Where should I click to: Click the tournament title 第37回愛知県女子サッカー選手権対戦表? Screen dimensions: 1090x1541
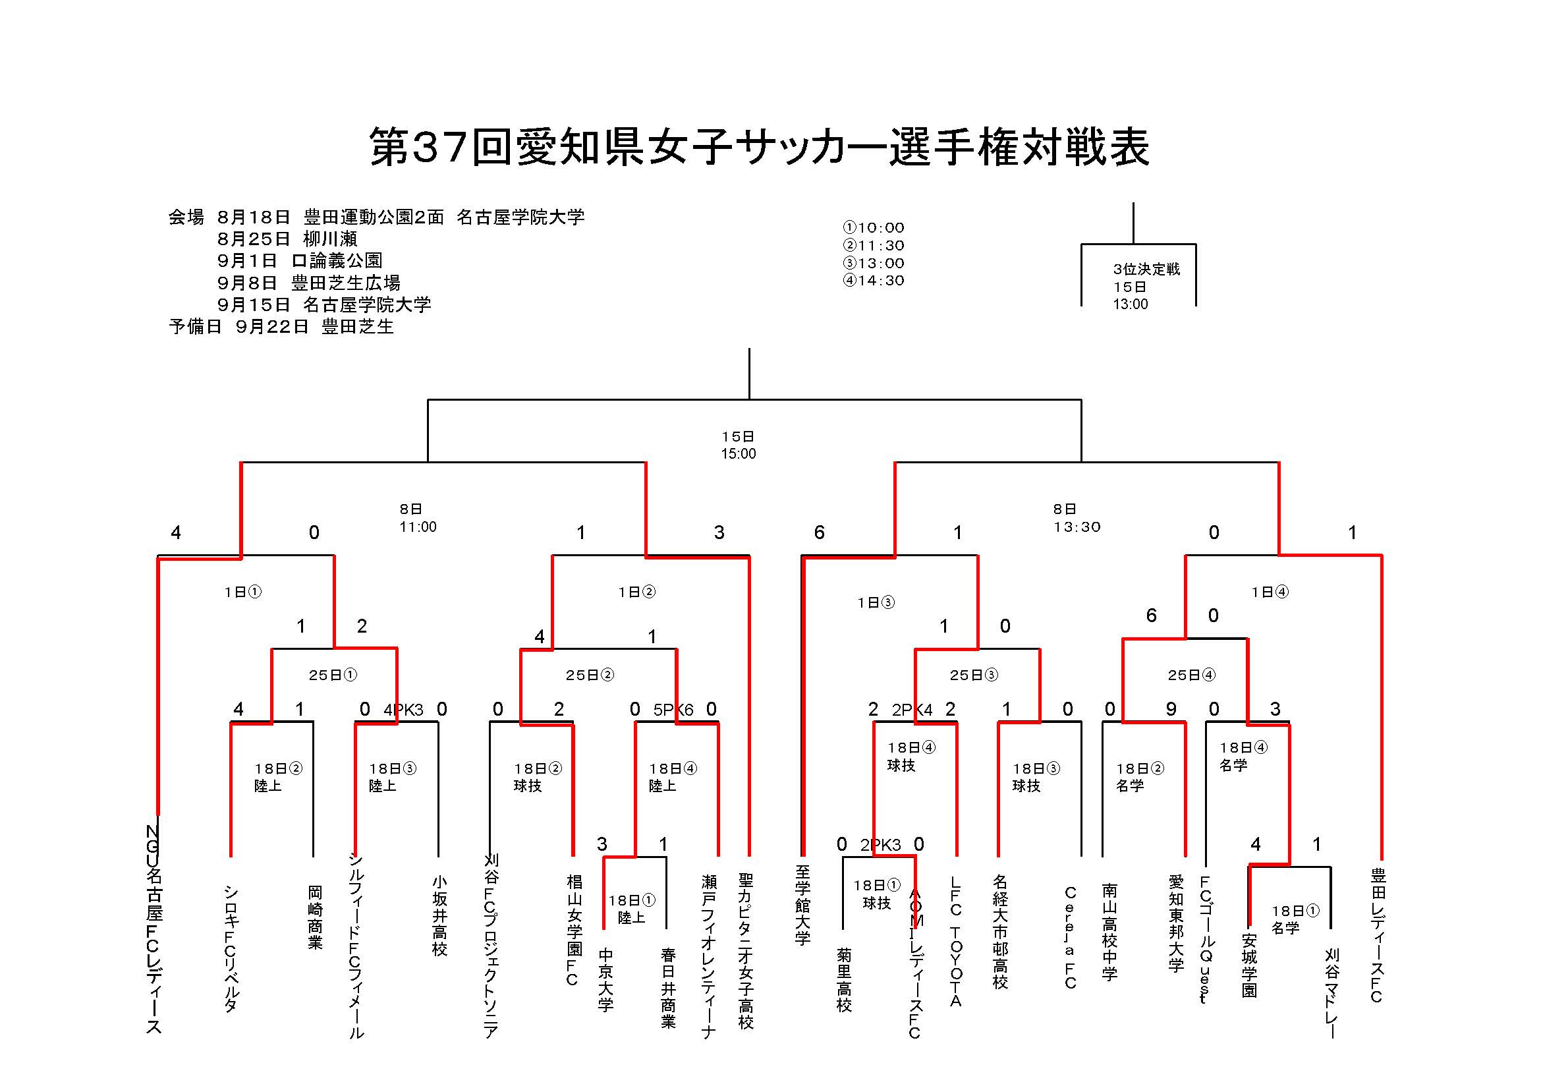tap(759, 147)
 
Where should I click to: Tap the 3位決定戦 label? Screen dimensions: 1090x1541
tap(1146, 269)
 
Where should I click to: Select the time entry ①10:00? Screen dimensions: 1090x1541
tap(873, 227)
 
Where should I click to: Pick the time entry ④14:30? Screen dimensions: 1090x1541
tap(873, 281)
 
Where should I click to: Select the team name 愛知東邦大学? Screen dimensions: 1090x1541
tap(1176, 923)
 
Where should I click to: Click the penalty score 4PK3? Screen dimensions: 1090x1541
tap(403, 710)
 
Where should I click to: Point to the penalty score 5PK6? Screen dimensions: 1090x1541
tap(673, 710)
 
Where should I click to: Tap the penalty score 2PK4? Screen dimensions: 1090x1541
tap(911, 710)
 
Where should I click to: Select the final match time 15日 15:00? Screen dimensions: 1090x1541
tap(739, 445)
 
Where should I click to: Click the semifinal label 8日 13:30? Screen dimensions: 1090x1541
tap(1077, 518)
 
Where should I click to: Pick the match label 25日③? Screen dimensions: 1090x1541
tap(973, 675)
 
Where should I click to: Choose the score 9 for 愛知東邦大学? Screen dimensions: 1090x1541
tap(1171, 710)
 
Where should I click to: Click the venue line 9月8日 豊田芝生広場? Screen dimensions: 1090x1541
tap(309, 283)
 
